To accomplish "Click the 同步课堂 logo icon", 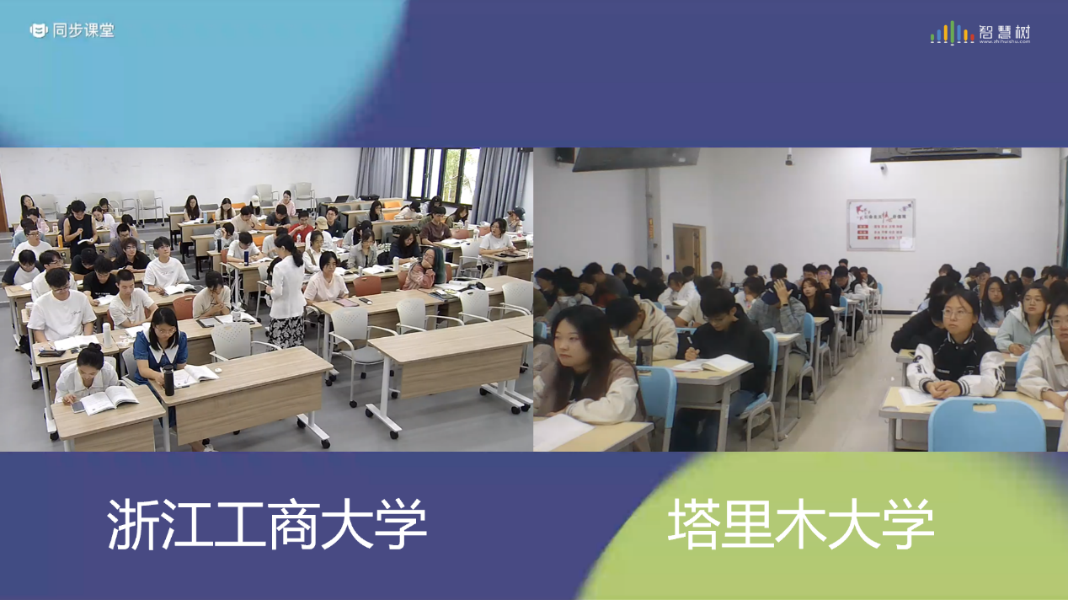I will (39, 30).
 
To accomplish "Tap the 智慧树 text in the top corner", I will (1004, 32).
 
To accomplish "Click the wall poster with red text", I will (880, 224).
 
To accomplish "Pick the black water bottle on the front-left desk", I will (168, 380).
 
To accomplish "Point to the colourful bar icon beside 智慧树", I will (952, 33).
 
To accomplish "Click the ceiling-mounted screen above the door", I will (636, 158).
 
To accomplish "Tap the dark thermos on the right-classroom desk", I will (644, 351).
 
